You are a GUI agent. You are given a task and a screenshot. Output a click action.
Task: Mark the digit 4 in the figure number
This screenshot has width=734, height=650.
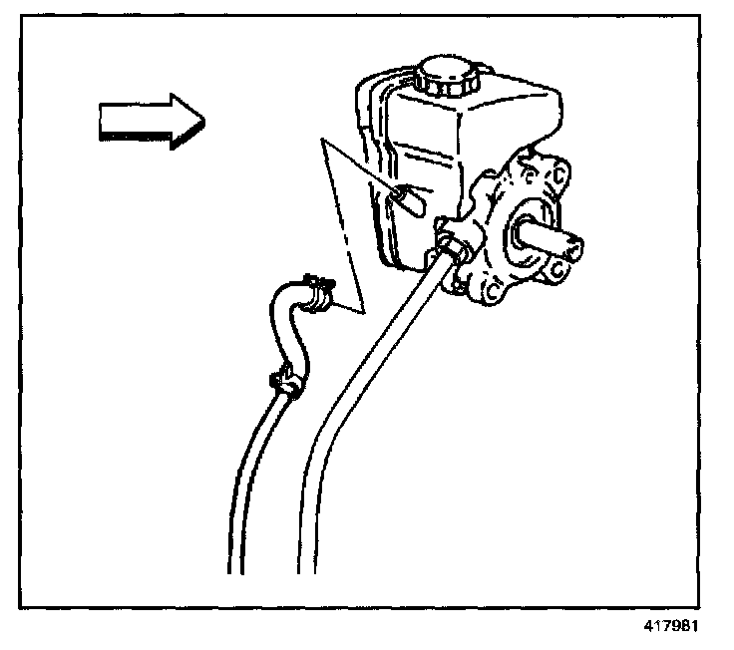click(649, 628)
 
